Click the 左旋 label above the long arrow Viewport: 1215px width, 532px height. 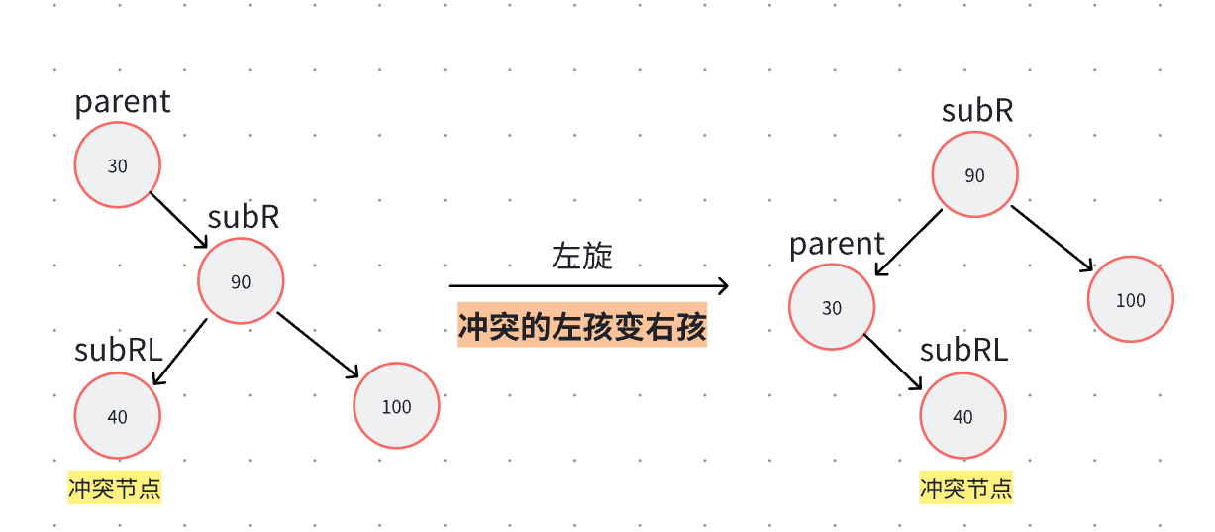[x=582, y=257]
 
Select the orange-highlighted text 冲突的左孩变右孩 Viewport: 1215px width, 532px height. [x=582, y=326]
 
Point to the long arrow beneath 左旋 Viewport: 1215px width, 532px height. [x=588, y=286]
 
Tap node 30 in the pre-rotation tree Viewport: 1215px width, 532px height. [x=117, y=165]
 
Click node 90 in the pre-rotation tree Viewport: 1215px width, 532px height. [x=241, y=281]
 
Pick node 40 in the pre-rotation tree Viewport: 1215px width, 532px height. [x=117, y=416]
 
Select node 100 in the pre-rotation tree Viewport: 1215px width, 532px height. [x=396, y=406]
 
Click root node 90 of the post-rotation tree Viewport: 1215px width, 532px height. [x=974, y=175]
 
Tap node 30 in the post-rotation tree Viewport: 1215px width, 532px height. [x=832, y=307]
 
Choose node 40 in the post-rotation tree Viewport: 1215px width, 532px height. [x=962, y=416]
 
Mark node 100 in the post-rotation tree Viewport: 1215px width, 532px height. [x=1130, y=300]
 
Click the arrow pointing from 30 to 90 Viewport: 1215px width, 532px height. [x=178, y=220]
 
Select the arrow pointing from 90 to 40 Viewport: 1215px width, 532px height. [x=179, y=352]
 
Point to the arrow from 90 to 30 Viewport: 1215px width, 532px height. [x=908, y=244]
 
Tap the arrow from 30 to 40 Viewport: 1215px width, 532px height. [x=893, y=363]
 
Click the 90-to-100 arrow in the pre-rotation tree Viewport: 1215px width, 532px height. [x=318, y=345]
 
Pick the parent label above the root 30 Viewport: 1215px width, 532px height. [x=123, y=102]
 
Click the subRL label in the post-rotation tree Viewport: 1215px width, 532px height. [x=963, y=350]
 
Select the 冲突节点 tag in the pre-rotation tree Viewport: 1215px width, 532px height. [x=114, y=487]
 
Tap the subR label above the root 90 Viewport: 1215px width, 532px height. [x=976, y=111]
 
